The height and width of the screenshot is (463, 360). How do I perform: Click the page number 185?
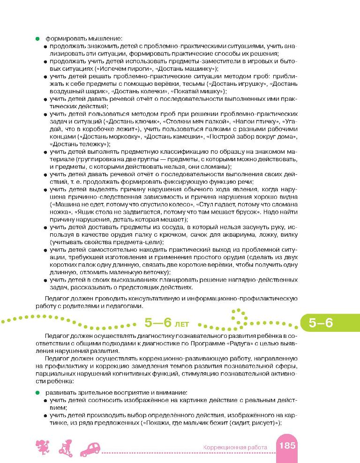coord(286,446)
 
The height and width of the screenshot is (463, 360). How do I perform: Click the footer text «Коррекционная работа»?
coord(235,448)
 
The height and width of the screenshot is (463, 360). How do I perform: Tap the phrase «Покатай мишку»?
coord(198,91)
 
